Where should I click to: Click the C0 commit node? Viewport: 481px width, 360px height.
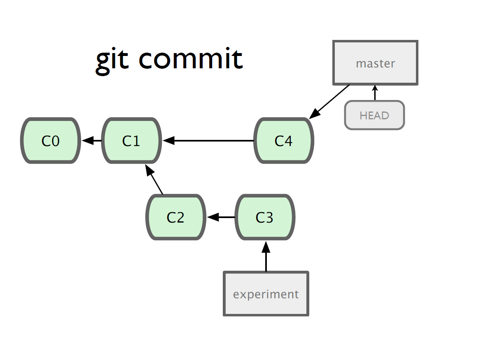(x=51, y=141)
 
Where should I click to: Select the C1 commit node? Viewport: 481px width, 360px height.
(x=132, y=141)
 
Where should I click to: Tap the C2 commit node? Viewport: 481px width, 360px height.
(x=176, y=217)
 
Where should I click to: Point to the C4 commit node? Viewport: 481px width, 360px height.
(x=284, y=141)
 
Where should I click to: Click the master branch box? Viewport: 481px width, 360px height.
(x=376, y=63)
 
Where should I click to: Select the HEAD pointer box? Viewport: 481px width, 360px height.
(x=375, y=115)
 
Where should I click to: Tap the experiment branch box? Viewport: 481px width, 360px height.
(x=266, y=293)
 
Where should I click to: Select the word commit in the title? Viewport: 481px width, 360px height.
(x=191, y=58)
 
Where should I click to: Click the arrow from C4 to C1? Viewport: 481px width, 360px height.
(x=208, y=141)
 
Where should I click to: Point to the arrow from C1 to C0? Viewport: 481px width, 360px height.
(x=91, y=141)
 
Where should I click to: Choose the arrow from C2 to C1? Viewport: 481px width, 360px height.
(x=154, y=179)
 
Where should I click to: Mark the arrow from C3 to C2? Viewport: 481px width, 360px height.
(x=221, y=217)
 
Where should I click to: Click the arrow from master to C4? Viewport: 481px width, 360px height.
(x=329, y=102)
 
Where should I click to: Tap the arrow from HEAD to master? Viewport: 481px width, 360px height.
(x=375, y=93)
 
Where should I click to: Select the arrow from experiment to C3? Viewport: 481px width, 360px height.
(x=266, y=256)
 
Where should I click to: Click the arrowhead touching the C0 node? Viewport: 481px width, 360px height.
(x=87, y=141)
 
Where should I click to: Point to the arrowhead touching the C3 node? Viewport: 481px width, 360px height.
(x=266, y=247)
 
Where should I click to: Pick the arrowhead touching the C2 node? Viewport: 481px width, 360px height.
(x=212, y=217)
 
